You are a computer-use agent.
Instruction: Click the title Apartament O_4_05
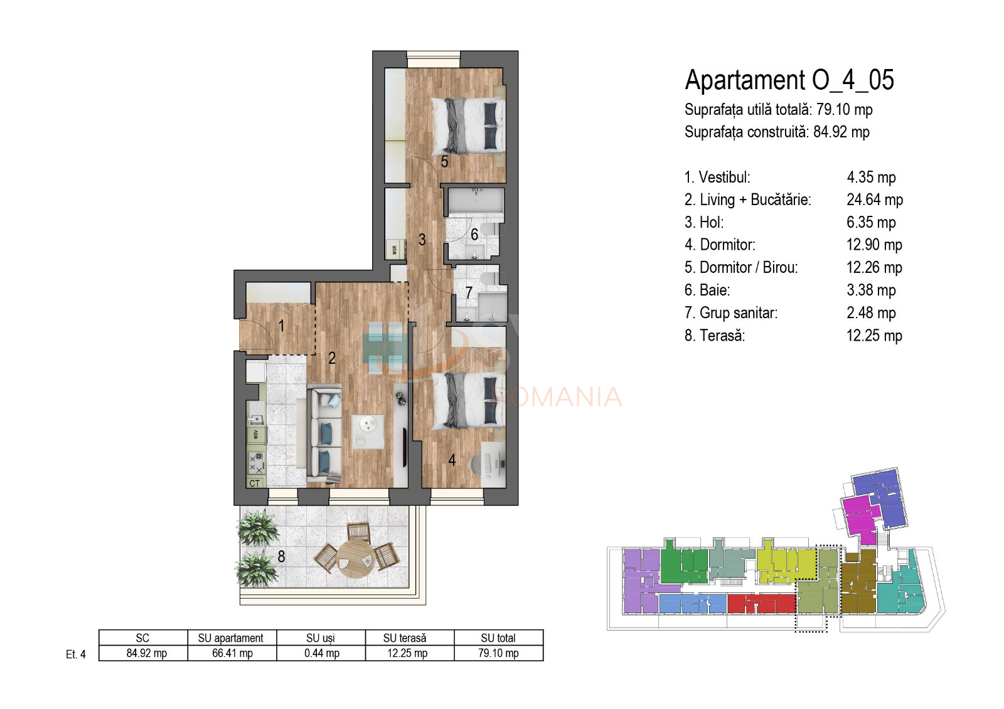tap(789, 80)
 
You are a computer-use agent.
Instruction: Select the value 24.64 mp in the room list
tap(874, 200)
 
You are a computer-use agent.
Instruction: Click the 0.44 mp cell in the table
tap(321, 653)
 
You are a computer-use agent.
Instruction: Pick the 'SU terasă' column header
tap(405, 637)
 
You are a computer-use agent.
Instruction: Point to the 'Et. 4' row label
tap(75, 654)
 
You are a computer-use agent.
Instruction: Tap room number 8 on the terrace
tap(281, 557)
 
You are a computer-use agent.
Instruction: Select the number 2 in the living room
tap(332, 358)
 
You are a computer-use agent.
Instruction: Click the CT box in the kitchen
tap(255, 483)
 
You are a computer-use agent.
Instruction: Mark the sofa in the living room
tap(324, 434)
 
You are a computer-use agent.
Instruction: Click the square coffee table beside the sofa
tap(367, 431)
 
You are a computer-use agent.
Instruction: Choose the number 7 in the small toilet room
tap(469, 292)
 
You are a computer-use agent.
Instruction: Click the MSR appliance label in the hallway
tap(395, 249)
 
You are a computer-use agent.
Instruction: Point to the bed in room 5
tap(468, 125)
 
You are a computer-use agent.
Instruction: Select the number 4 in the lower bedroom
tap(452, 460)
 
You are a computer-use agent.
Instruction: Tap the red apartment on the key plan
tap(761, 604)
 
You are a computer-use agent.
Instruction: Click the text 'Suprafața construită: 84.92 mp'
tap(776, 132)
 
